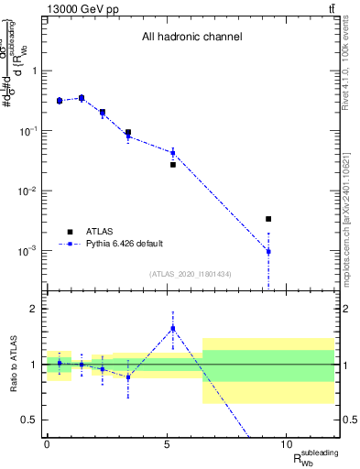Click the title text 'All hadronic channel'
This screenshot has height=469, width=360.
pos(191,38)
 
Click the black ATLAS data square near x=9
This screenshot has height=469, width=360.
pos(268,219)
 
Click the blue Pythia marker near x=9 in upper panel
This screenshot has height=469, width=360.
pos(268,251)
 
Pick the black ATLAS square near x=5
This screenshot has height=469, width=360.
pos(172,165)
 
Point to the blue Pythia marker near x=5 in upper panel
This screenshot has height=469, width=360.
pos(172,153)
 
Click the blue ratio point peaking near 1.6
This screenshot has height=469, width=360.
pos(172,329)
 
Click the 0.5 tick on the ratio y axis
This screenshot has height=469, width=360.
pos(30,420)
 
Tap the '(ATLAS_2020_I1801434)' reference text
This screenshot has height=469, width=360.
pos(191,274)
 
